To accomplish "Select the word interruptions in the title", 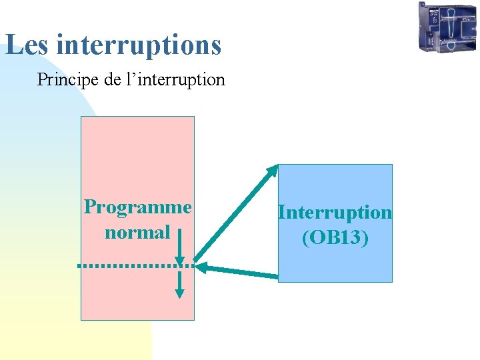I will (x=139, y=45).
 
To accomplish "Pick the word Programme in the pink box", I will (x=137, y=207).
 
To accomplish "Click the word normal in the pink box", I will (x=137, y=233).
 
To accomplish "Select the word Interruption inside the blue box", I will (x=335, y=212).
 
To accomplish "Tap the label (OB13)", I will (x=335, y=238).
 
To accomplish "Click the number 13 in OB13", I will (x=351, y=238).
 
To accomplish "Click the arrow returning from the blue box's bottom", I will (x=240, y=271).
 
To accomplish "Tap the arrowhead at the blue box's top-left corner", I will (x=273, y=170).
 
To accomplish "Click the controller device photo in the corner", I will (x=447, y=27).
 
